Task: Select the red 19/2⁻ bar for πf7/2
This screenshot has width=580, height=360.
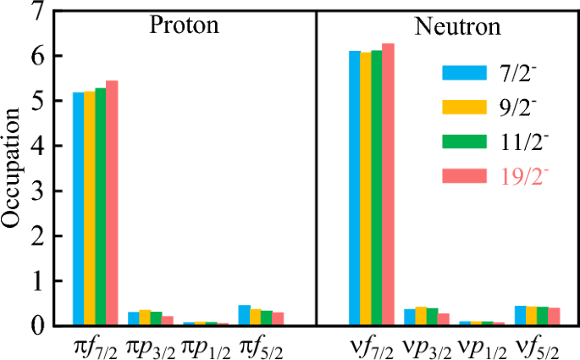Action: click(x=112, y=203)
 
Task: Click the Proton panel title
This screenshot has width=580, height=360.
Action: click(x=184, y=25)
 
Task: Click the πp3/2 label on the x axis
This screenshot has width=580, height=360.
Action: click(x=147, y=345)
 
